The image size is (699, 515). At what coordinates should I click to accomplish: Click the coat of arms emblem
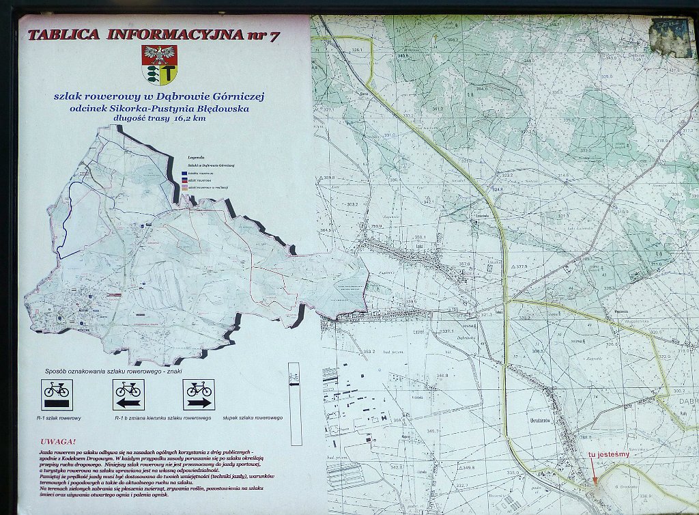(159, 64)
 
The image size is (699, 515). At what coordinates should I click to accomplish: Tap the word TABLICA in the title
(63, 34)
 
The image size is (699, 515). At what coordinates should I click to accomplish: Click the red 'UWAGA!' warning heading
(58, 441)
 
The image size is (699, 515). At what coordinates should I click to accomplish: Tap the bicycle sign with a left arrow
(128, 394)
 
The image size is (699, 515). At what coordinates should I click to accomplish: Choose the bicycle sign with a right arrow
(199, 394)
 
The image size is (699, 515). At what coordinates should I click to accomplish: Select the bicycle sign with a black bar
(57, 394)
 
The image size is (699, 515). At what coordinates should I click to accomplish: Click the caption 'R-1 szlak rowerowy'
(59, 417)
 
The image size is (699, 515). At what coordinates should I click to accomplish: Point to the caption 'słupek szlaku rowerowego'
(253, 417)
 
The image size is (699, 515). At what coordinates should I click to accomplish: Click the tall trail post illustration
(295, 403)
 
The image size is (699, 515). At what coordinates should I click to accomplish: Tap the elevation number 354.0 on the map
(482, 89)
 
